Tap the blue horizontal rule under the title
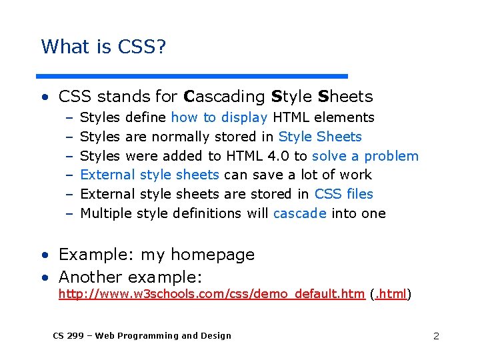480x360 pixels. pyautogui.click(x=192, y=76)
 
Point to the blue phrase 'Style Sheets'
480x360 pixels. pyautogui.click(x=320, y=137)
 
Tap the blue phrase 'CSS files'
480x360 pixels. pyautogui.click(x=343, y=195)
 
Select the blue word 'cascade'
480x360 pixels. pyautogui.click(x=299, y=214)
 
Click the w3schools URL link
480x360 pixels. pyautogui.click(x=211, y=294)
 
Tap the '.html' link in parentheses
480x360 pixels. pyautogui.click(x=390, y=294)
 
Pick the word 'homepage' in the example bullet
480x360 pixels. pyautogui.click(x=213, y=255)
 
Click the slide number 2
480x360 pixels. pyautogui.click(x=436, y=336)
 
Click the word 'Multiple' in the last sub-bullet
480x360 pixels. pyautogui.click(x=105, y=214)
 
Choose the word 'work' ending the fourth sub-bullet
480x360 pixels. pyautogui.click(x=355, y=175)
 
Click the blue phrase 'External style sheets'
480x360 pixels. pyautogui.click(x=149, y=175)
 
